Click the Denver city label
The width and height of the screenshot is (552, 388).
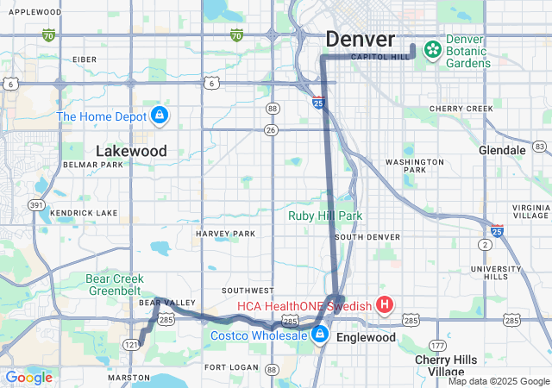coord(360,40)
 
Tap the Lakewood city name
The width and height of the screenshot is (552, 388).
coord(131,151)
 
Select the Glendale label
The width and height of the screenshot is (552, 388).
coord(502,150)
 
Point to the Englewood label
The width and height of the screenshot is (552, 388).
coord(366,337)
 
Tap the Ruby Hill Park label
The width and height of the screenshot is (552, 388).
coord(325,216)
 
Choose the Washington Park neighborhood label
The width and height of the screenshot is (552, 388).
coord(414,166)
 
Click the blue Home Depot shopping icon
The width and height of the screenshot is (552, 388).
coord(159,115)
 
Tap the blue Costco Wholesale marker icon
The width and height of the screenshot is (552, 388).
coord(320,335)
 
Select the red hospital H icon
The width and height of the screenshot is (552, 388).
coord(385,304)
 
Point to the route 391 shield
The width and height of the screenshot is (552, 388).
coord(36,204)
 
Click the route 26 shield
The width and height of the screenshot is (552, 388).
coord(271,130)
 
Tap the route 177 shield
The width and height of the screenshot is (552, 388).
coord(439,345)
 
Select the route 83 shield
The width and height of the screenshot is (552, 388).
coord(540,146)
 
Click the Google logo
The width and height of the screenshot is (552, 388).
coord(28,378)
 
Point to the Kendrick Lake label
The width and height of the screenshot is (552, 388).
coord(84,212)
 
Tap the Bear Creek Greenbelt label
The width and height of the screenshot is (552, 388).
coord(121,284)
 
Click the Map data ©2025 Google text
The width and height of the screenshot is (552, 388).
coord(499,381)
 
